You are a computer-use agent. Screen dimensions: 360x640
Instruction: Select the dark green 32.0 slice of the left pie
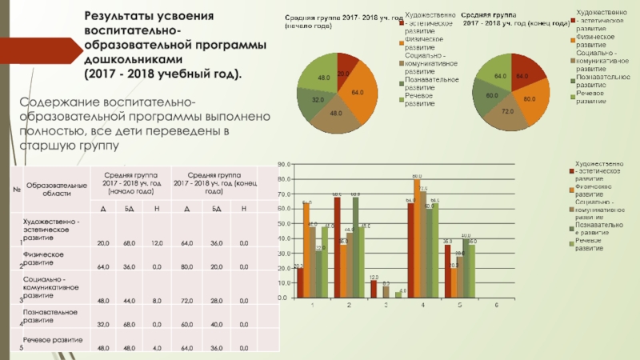tap(314, 99)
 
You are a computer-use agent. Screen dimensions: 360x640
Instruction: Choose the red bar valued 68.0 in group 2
tap(337, 247)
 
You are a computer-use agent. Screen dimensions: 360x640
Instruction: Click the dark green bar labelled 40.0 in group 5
tap(466, 268)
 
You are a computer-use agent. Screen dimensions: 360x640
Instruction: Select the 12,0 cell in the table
tap(157, 243)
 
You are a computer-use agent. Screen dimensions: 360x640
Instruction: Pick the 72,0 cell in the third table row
tap(187, 300)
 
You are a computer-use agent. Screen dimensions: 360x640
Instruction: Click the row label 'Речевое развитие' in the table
tap(51, 338)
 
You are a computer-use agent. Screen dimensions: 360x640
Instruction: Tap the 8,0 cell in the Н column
tap(157, 300)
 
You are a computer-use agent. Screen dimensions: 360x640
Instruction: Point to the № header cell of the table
tap(15, 189)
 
